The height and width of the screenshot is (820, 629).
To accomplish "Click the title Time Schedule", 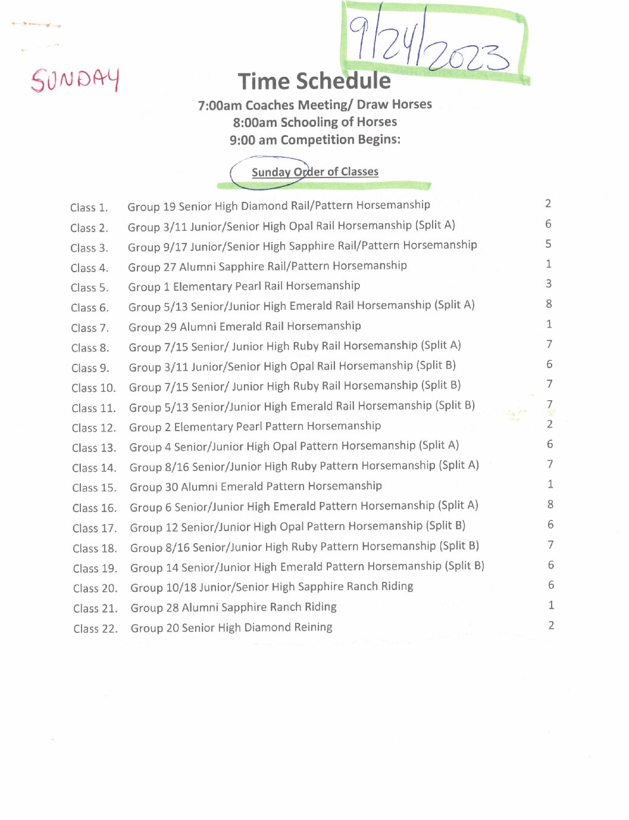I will [x=314, y=81].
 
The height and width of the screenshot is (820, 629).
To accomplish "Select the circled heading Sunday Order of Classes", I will [x=315, y=172].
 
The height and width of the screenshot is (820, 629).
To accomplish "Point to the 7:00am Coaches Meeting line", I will [x=315, y=105].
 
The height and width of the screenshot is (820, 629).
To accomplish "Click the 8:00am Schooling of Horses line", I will [x=315, y=122].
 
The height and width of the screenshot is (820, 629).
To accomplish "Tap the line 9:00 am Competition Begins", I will [x=315, y=140].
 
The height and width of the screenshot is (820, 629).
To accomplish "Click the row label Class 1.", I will [x=89, y=208].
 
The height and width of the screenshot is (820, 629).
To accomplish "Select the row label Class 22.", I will [x=95, y=629].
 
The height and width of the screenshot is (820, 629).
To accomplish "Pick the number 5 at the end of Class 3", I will [x=549, y=244].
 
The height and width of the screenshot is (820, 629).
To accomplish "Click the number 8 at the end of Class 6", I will [x=549, y=304].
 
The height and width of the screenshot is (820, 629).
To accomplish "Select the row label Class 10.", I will [x=93, y=388].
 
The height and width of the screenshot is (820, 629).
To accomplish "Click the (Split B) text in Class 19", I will [x=465, y=566].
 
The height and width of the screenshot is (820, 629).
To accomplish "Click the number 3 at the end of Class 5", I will [x=549, y=284].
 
